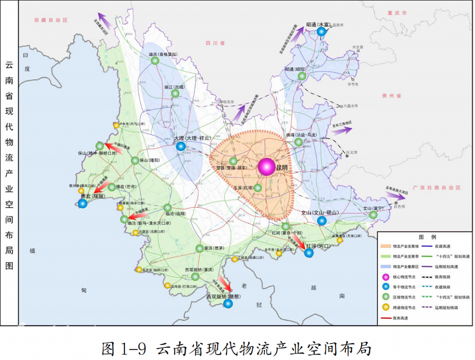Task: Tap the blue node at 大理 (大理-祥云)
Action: pos(180,146)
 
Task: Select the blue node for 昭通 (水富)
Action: pos(321,31)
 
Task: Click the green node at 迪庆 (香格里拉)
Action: pos(155,61)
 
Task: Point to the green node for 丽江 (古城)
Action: pos(175,93)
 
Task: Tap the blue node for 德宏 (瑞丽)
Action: pos(83,203)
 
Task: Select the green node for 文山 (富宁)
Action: pos(373,215)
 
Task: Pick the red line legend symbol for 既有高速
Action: pos(390,318)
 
